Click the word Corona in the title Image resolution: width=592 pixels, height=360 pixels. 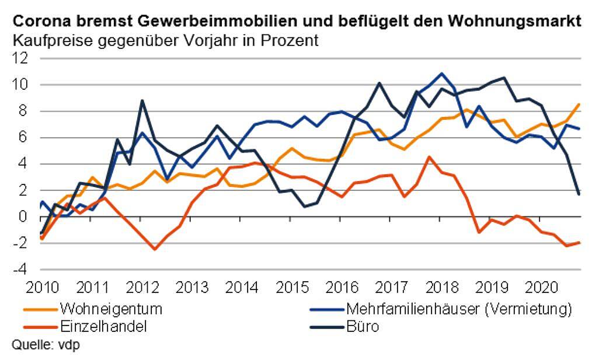pyautogui.click(x=36, y=22)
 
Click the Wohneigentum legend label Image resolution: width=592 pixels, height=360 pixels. pyautogui.click(x=110, y=307)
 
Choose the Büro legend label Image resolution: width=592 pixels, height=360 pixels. pyautogui.click(x=363, y=326)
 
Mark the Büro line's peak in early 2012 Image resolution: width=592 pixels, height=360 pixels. pyautogui.click(x=142, y=100)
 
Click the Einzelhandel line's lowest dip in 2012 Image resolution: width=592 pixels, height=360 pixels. pyautogui.click(x=155, y=249)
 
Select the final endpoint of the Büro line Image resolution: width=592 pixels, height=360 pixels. pyautogui.click(x=579, y=194)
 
